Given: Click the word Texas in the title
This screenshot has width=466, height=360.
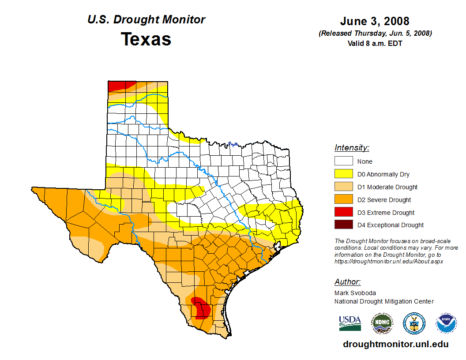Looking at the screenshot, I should [146, 39].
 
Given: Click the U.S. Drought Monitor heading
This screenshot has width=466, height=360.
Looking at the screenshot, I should [146, 19].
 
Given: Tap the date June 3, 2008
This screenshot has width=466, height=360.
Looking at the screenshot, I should [375, 21].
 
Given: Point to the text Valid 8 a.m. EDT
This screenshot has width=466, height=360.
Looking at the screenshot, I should [375, 43].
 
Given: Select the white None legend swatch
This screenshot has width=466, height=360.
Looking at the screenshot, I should [343, 161].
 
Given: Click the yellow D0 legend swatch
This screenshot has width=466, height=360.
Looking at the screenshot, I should [343, 174].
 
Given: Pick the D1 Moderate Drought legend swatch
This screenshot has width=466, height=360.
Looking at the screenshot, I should [343, 187].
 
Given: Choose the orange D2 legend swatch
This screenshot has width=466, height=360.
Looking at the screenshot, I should [343, 200].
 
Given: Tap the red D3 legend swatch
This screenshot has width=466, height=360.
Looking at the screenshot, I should [343, 212].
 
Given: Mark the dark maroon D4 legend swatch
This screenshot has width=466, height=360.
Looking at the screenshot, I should [343, 225].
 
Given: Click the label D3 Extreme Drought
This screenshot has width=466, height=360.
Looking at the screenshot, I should [386, 213].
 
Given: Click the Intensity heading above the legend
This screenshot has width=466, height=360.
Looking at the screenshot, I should [352, 148].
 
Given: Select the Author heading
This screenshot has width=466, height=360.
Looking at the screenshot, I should [347, 282].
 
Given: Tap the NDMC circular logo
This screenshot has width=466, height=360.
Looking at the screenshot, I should [382, 323].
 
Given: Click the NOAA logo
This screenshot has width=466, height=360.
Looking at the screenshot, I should [446, 323].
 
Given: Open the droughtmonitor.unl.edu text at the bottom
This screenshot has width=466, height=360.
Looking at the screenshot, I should [396, 345].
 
